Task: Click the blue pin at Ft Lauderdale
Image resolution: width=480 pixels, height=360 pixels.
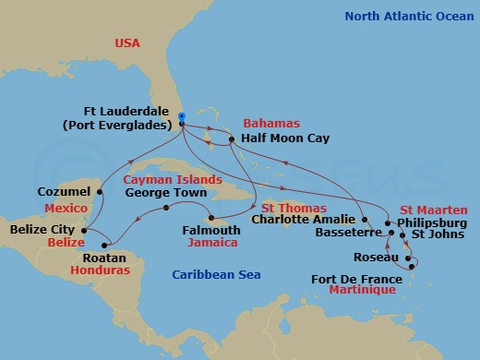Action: pyautogui.click(x=182, y=118)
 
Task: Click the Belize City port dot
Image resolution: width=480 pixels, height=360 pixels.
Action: pyautogui.click(x=84, y=230)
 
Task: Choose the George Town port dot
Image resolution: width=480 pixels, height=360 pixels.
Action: pyautogui.click(x=166, y=208)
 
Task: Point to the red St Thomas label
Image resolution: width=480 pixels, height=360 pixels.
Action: pyautogui.click(x=285, y=207)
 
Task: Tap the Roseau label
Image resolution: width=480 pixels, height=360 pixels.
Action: pyautogui.click(x=375, y=258)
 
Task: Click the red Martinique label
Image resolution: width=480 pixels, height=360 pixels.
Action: pyautogui.click(x=364, y=290)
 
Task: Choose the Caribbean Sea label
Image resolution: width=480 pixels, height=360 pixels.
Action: pyautogui.click(x=217, y=274)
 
